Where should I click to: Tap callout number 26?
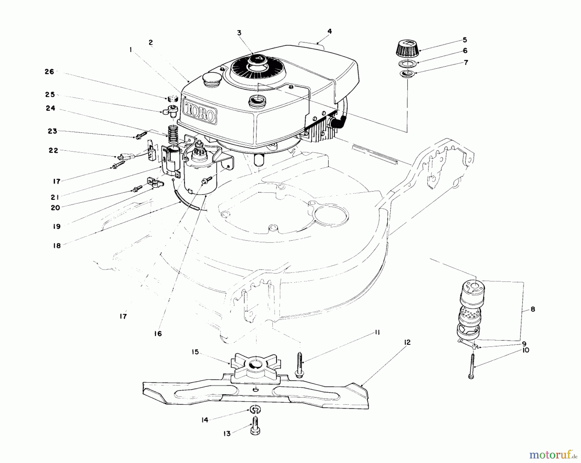point(49,72)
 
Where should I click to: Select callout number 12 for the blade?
point(407,342)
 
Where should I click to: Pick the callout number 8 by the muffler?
point(533,309)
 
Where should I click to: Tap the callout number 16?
point(158,334)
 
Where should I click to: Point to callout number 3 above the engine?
point(239,33)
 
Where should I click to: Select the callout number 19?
point(57,226)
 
